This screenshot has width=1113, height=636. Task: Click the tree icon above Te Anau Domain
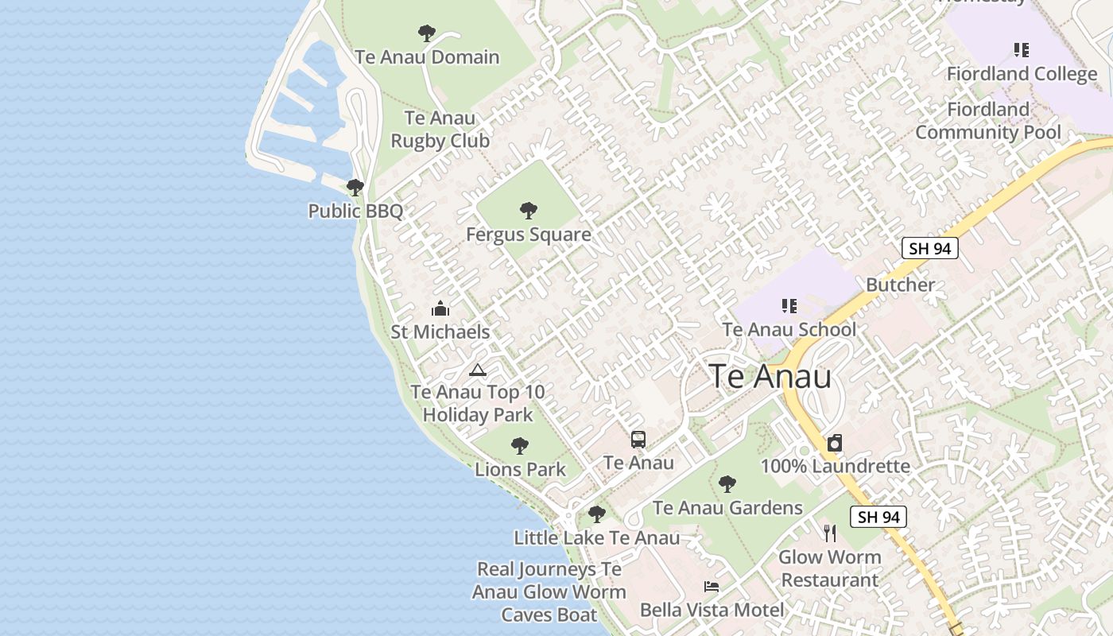point(427,33)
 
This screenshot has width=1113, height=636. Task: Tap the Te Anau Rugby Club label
point(440,130)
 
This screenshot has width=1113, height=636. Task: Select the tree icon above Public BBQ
point(355,188)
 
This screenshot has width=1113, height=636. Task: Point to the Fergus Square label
point(528,235)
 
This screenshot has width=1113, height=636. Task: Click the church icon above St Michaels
point(440,308)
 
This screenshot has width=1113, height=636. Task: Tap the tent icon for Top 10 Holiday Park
point(477,370)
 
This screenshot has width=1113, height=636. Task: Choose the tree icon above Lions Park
point(520,446)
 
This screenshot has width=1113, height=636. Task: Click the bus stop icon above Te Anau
point(638,440)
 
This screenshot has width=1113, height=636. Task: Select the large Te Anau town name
point(770,376)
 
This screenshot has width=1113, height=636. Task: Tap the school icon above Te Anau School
point(789,306)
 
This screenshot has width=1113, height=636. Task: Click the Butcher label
point(900,285)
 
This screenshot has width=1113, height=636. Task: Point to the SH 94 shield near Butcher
point(929,248)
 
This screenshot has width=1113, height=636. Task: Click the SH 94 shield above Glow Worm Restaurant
point(878,517)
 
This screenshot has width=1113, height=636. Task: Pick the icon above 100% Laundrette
point(835,443)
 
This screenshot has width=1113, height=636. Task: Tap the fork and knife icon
point(830,533)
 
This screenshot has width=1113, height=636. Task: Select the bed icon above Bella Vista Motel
point(712,588)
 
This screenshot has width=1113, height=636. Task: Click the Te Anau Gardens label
point(727,508)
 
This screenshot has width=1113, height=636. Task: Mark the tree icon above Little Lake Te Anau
point(596,514)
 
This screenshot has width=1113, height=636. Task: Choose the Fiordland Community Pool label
point(988,121)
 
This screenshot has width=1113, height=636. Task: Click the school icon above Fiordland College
point(1022,51)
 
